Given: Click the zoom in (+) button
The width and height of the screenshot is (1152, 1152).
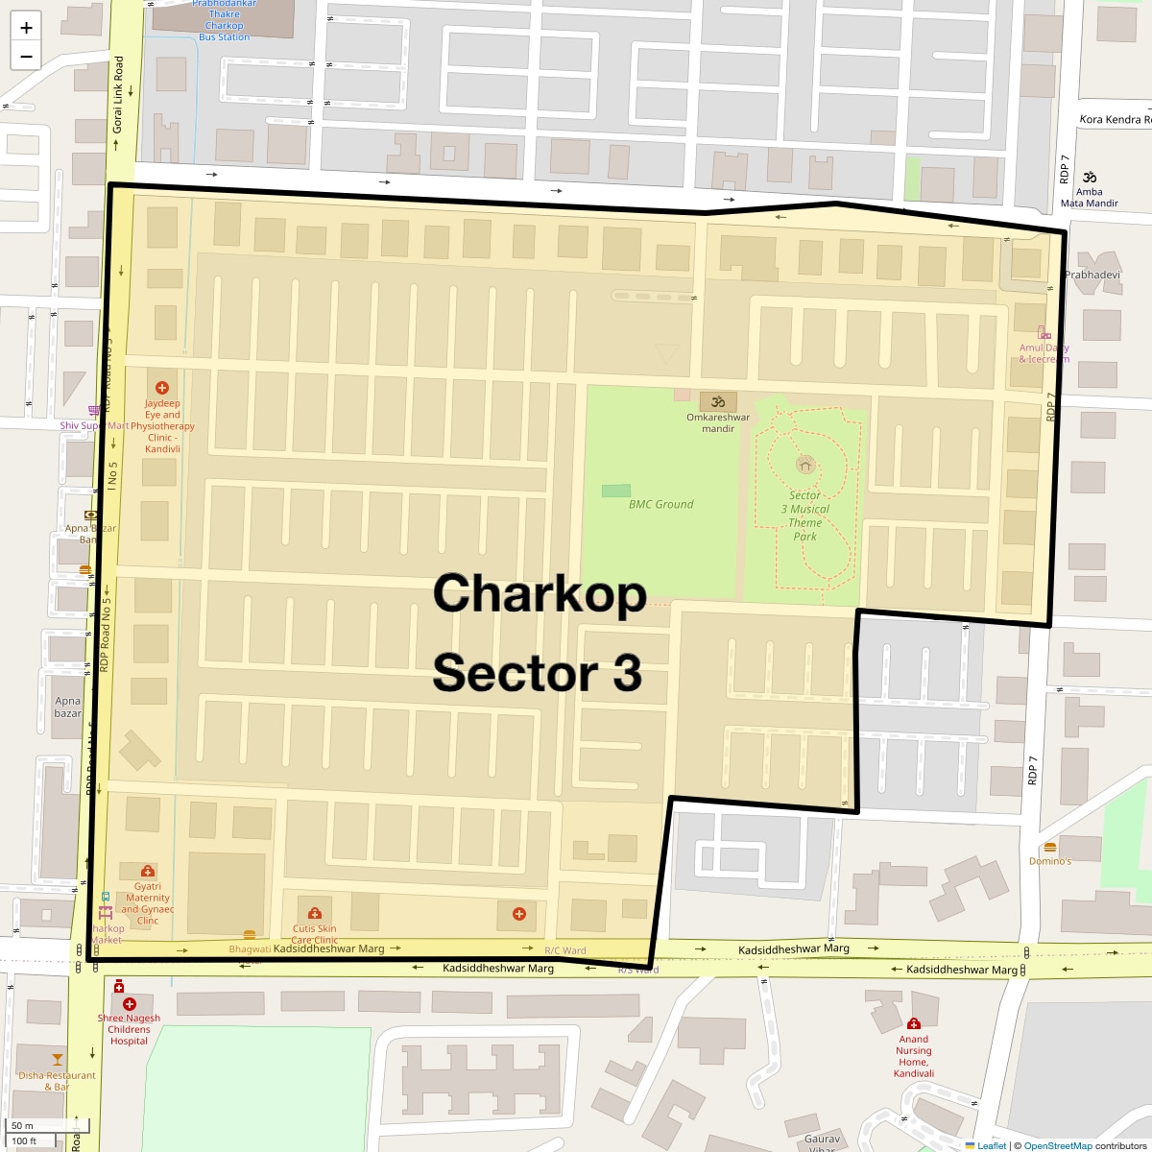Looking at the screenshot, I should pyautogui.click(x=26, y=27).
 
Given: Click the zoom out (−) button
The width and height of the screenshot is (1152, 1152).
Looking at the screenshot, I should pyautogui.click(x=26, y=56).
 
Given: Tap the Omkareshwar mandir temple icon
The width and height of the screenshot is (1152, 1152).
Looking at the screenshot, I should pyautogui.click(x=718, y=401).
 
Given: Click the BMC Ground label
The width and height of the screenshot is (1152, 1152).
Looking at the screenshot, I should pyautogui.click(x=660, y=504).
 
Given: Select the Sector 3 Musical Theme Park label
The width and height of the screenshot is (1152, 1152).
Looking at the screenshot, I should pyautogui.click(x=804, y=516).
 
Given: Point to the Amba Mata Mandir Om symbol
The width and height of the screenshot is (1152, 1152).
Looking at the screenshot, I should pyautogui.click(x=1090, y=177).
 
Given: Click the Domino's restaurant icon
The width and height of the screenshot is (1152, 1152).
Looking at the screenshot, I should pyautogui.click(x=1050, y=848).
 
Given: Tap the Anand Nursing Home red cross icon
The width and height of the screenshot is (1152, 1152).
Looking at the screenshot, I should pyautogui.click(x=913, y=1023).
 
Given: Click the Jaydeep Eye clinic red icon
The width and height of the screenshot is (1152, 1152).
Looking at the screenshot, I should pyautogui.click(x=162, y=388).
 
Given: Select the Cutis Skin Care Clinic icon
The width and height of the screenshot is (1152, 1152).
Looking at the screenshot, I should pyautogui.click(x=314, y=914).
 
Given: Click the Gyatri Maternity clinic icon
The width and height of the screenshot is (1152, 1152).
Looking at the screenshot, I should pyautogui.click(x=148, y=872).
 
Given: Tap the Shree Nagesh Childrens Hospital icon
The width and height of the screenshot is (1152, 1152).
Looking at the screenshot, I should pyautogui.click(x=130, y=1004).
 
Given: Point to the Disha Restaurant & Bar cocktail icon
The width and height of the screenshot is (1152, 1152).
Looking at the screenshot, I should pyautogui.click(x=58, y=1060).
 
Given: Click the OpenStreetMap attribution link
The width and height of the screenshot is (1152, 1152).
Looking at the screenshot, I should pyautogui.click(x=1057, y=1145).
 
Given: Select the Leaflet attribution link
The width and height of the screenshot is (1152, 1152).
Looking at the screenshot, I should pyautogui.click(x=992, y=1145).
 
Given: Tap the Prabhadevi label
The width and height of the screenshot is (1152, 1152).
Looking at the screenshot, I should pyautogui.click(x=1092, y=275).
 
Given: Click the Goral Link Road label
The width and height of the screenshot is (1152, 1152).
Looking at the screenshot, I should pyautogui.click(x=118, y=94).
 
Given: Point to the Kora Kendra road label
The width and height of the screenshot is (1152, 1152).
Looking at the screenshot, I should pyautogui.click(x=1114, y=119).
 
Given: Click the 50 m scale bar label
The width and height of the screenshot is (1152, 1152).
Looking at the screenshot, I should pyautogui.click(x=23, y=1125).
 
